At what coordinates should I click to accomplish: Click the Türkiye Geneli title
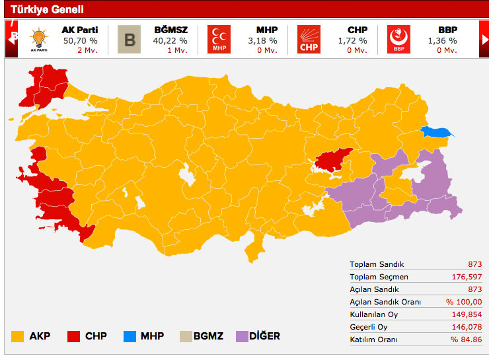[x=46, y=10]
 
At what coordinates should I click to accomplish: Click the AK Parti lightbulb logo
[x=38, y=39]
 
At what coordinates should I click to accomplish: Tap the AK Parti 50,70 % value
[x=79, y=40]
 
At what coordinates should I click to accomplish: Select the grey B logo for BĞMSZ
[x=130, y=39]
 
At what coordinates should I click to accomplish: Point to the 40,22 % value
[x=170, y=40]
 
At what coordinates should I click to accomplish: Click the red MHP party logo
[x=219, y=39]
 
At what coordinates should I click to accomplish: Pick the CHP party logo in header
[x=309, y=39]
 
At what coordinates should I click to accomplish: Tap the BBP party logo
[x=398, y=39]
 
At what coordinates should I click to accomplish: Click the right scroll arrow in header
[x=484, y=38]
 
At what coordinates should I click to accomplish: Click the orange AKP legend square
[x=18, y=336]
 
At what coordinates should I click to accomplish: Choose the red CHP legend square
[x=74, y=336]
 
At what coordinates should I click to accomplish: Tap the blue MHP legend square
[x=130, y=336]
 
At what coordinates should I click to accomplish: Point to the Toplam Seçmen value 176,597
[x=465, y=277]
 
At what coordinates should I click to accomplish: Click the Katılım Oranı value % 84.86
[x=466, y=340]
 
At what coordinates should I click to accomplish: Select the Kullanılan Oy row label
[x=374, y=314]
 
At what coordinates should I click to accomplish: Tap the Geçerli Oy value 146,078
[x=465, y=327]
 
